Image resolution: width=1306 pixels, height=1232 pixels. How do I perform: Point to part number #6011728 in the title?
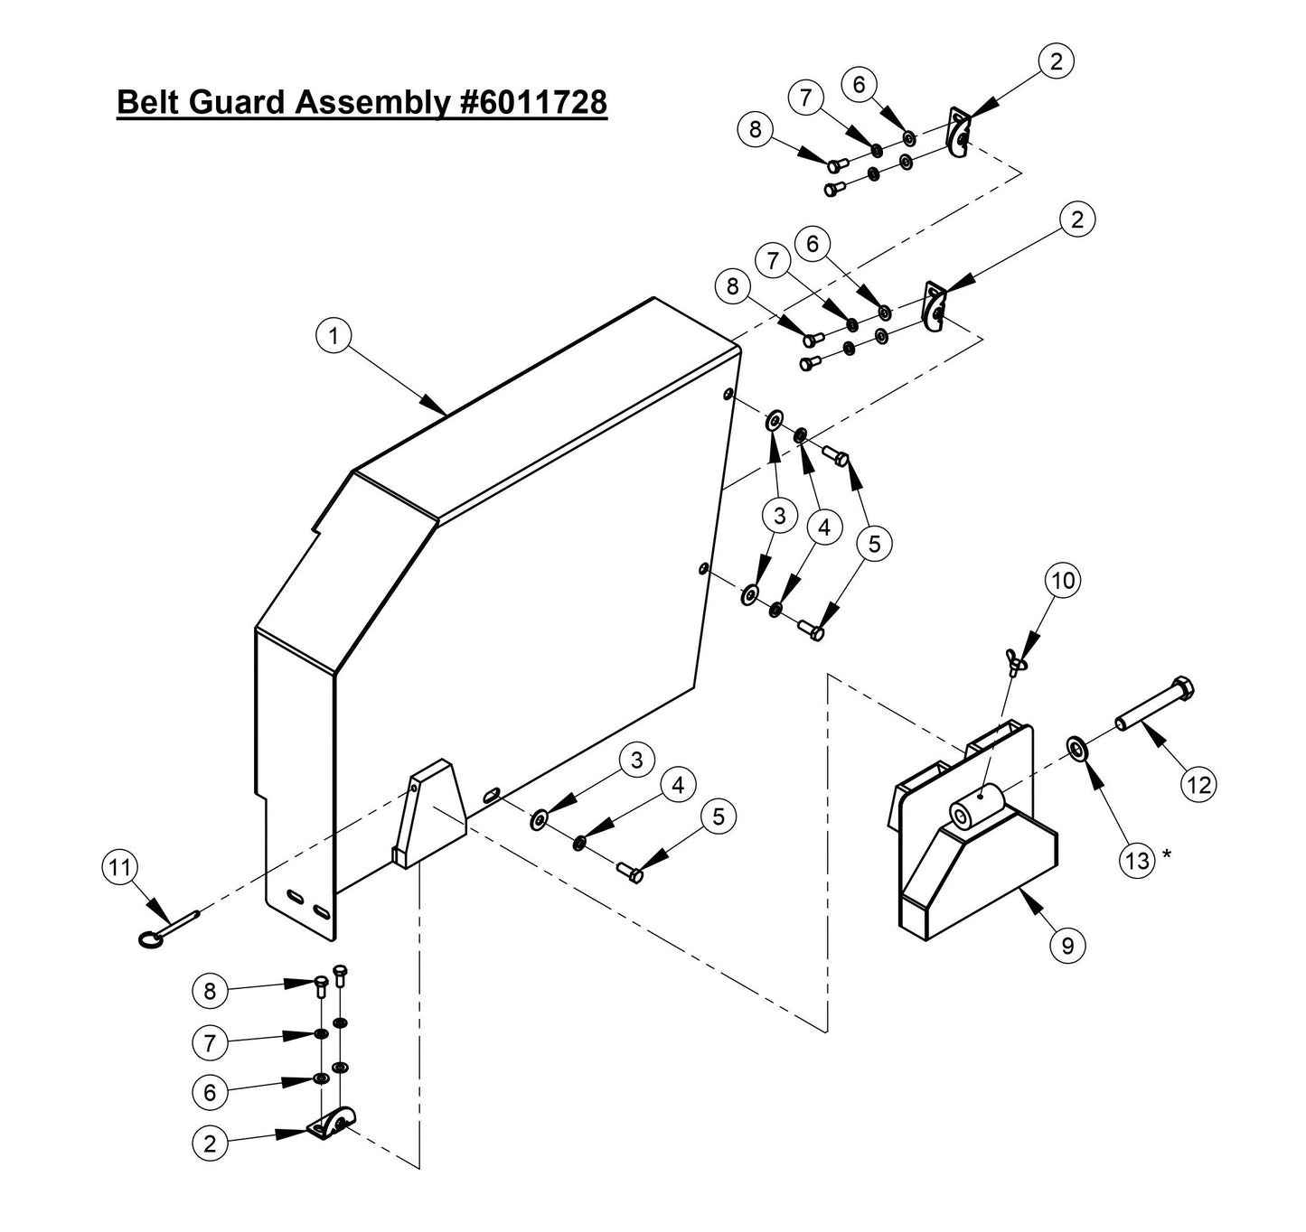coord(529,102)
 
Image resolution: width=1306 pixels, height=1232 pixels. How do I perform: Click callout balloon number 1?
coord(334,337)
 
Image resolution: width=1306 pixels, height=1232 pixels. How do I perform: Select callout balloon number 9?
coord(1067,945)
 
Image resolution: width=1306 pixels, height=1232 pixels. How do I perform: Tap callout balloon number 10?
coord(1065,581)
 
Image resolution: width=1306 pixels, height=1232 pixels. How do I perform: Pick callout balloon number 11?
coord(118,869)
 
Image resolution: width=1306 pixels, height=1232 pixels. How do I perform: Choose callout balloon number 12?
coord(1198,784)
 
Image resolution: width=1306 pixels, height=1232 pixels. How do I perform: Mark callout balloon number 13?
coord(1137,860)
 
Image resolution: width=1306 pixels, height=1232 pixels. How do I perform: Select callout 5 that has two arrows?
coord(874,543)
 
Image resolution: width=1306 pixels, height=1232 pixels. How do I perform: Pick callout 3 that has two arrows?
coord(779,516)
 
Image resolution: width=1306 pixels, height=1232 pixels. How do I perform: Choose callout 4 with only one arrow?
coord(677,785)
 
